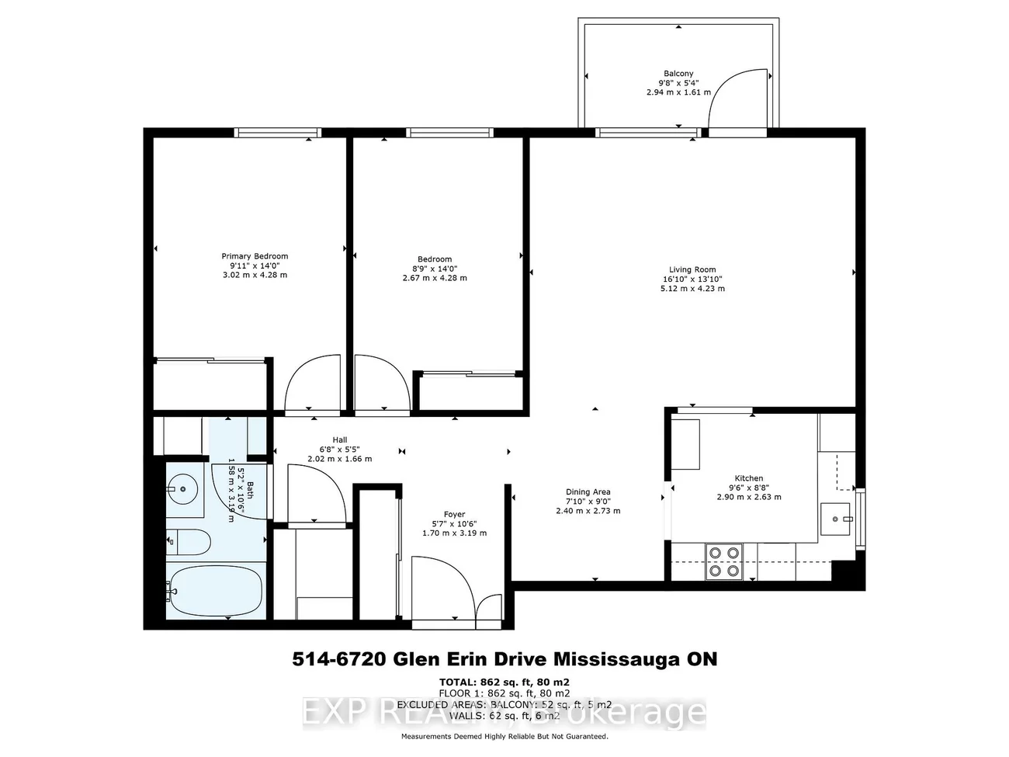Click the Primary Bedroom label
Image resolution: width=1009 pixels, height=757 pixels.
click(x=255, y=256)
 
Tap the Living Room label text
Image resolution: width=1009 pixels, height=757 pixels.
click(x=693, y=269)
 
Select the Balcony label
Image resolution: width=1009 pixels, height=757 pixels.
click(x=678, y=74)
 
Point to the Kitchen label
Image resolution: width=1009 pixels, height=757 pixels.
click(x=748, y=478)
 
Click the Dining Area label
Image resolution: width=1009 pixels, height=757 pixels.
click(x=588, y=491)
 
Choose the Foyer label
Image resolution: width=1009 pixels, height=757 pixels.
click(x=454, y=514)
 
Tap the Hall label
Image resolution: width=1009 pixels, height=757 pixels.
click(x=340, y=439)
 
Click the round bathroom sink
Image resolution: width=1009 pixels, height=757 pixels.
click(x=183, y=489)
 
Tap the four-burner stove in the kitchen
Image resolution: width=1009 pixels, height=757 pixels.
click(x=723, y=561)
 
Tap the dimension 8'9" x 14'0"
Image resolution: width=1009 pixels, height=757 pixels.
click(x=434, y=269)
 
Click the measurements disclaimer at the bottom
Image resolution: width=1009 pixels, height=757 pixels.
click(x=504, y=736)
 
